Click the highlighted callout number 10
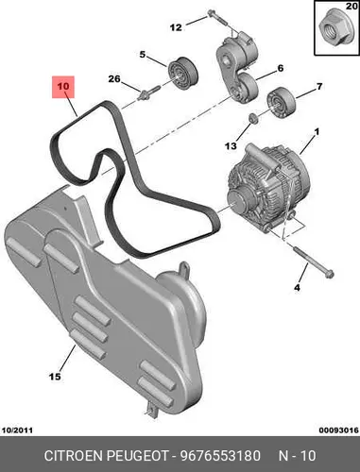[63, 86]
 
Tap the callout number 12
[176, 27]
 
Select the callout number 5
[143, 55]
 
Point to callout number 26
[114, 78]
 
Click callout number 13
[231, 146]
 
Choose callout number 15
[55, 376]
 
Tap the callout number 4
[297, 287]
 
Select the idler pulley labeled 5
[182, 74]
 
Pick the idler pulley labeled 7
[282, 103]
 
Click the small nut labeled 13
[253, 119]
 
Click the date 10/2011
[18, 430]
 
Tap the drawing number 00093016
[339, 430]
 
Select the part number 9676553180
[220, 456]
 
